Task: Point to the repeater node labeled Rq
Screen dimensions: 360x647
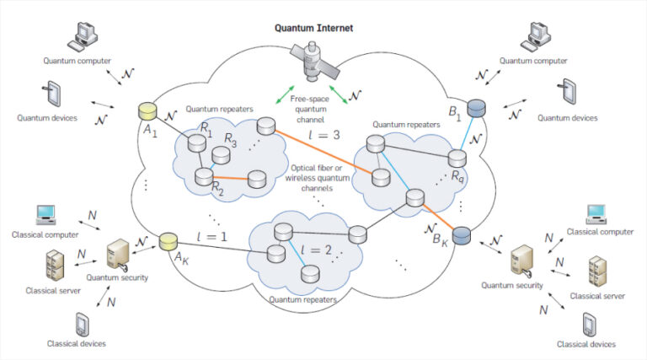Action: (457, 159)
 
